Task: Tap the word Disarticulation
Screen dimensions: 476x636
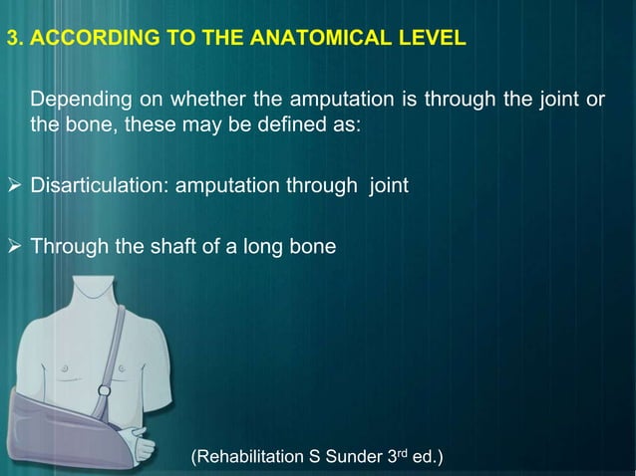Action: (99, 186)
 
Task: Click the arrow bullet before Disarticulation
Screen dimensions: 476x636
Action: (14, 186)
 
